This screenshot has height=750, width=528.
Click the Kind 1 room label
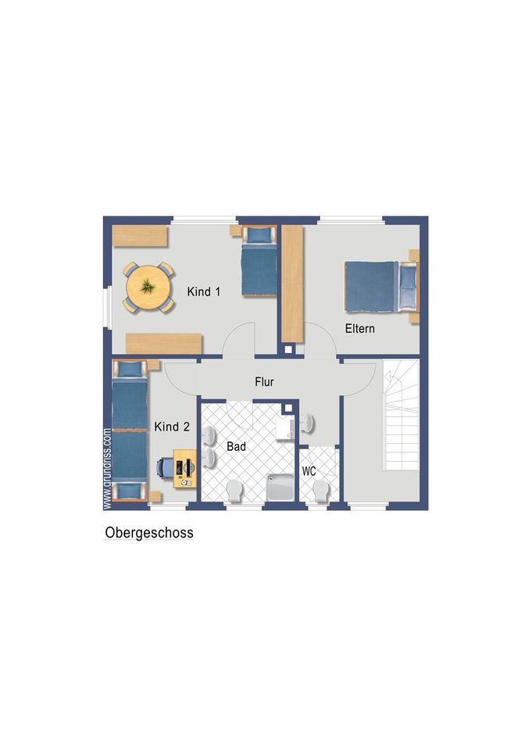point(204,291)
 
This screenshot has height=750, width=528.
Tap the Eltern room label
point(359,329)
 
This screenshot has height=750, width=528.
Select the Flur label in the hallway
point(264,382)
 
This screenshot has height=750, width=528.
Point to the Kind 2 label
point(172,427)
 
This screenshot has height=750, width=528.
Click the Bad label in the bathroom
point(236,446)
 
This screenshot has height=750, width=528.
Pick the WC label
point(309,471)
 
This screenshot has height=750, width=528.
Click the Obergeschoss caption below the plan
point(149,533)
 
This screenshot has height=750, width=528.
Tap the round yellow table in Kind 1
point(148,287)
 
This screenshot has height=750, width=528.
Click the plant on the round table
point(148,287)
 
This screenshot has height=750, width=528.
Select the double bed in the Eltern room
point(382,287)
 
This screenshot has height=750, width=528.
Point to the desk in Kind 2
point(184,468)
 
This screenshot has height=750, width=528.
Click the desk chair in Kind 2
point(164,467)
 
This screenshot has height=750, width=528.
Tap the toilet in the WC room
point(321,491)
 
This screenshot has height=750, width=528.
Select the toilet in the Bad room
point(234,491)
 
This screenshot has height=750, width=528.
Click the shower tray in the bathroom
point(280,487)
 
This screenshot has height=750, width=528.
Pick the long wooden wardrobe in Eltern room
point(292,284)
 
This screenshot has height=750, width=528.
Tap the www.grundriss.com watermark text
point(108,469)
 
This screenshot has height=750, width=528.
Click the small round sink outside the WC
point(307,423)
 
